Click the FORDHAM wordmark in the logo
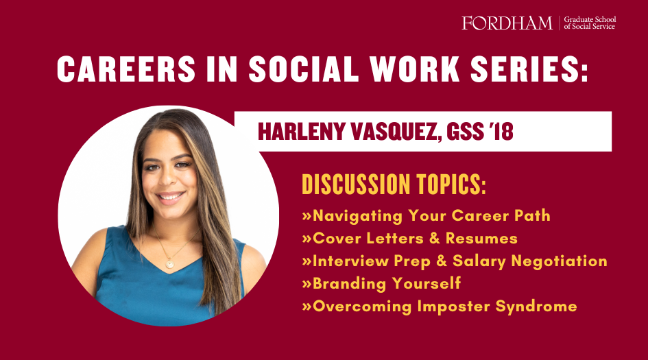pyautogui.click(x=507, y=23)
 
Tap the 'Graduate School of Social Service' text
pyautogui.click(x=590, y=23)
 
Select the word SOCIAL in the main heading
pyautogui.click(x=304, y=69)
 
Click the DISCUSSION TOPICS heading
pyautogui.click(x=394, y=184)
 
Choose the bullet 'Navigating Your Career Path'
pyautogui.click(x=426, y=216)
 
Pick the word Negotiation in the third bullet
pyautogui.click(x=559, y=261)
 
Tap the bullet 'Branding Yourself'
pyautogui.click(x=381, y=284)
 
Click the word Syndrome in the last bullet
pyautogui.click(x=536, y=307)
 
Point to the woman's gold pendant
pyautogui.click(x=170, y=263)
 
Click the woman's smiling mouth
pyautogui.click(x=170, y=197)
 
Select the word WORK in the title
pyautogui.click(x=415, y=69)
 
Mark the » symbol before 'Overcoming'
pyautogui.click(x=307, y=307)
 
